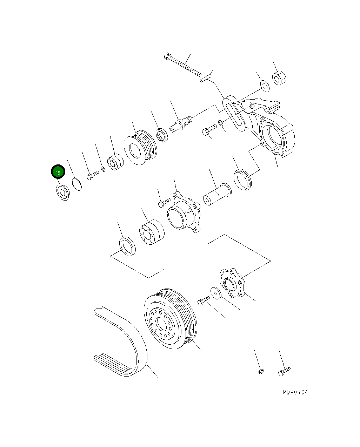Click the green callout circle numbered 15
[x=58, y=172]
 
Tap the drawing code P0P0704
[x=295, y=392]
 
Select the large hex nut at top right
[x=280, y=78]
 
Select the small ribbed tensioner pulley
[x=140, y=147]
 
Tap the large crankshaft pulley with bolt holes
[x=170, y=319]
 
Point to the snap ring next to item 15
[x=77, y=184]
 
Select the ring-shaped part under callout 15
[x=63, y=192]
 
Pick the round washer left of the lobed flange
[x=215, y=293]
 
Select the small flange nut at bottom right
[x=260, y=371]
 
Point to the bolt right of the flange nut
[x=284, y=371]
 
